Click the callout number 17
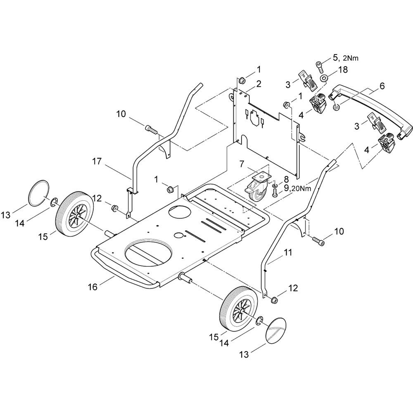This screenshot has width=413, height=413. click(x=97, y=161)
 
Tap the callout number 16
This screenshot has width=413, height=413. click(x=93, y=287)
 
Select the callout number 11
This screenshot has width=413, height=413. click(x=288, y=253)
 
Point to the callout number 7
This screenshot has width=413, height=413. click(x=242, y=164)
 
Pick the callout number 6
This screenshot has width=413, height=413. click(x=382, y=86)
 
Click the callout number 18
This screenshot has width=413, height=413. click(x=343, y=69)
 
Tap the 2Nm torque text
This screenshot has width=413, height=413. click(x=351, y=58)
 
